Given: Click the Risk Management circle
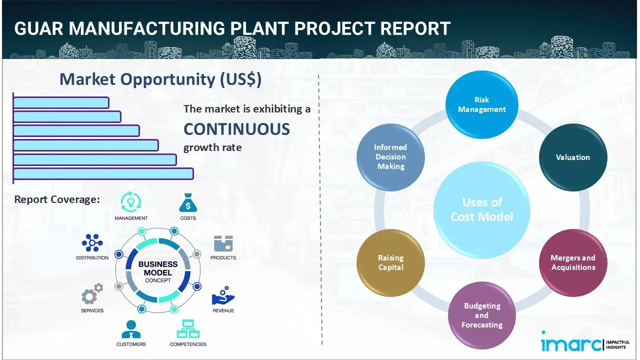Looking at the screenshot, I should pyautogui.click(x=482, y=105).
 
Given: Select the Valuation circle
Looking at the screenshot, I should pyautogui.click(x=573, y=157).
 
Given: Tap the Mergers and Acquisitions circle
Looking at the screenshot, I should pyautogui.click(x=573, y=262).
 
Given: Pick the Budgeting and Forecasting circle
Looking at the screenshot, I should pyautogui.click(x=481, y=315).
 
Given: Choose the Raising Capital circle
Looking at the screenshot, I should pyautogui.click(x=390, y=262).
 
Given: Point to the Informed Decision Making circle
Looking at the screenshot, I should pyautogui.click(x=390, y=157).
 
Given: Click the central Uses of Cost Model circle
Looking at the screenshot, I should pyautogui.click(x=482, y=209).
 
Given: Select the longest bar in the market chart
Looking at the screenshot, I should pyautogui.click(x=103, y=173).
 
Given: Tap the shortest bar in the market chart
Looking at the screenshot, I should pyautogui.click(x=61, y=102).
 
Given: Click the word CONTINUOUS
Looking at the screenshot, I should pyautogui.click(x=236, y=129).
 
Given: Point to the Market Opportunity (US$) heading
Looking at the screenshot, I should pyautogui.click(x=160, y=79).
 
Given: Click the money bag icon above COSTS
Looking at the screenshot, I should pyautogui.click(x=188, y=203).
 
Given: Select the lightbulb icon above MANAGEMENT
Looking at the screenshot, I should pyautogui.click(x=130, y=202).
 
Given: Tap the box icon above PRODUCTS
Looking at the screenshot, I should pyautogui.click(x=223, y=244).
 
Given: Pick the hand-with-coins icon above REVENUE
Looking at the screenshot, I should pyautogui.click(x=223, y=296).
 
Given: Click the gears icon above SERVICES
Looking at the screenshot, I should pyautogui.click(x=92, y=295).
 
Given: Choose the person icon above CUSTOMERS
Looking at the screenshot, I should pyautogui.click(x=131, y=329).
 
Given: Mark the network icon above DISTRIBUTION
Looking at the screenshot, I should pyautogui.click(x=92, y=243).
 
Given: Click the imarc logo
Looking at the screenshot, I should pyautogui.click(x=571, y=344).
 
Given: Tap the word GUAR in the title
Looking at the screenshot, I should pyautogui.click(x=38, y=28).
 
